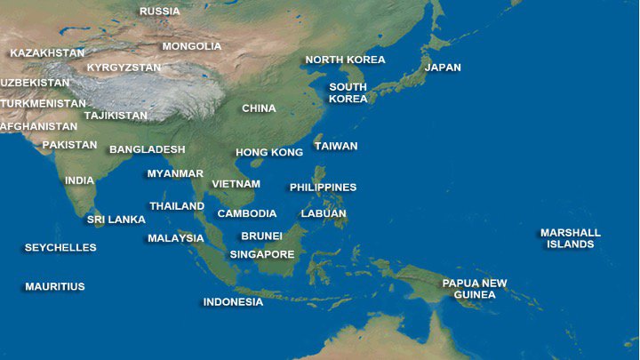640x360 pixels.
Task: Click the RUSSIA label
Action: pyautogui.click(x=160, y=12)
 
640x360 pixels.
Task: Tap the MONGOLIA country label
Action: pyautogui.click(x=192, y=46)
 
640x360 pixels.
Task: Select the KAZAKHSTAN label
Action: pyautogui.click(x=47, y=53)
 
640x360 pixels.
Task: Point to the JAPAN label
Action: pyautogui.click(x=443, y=68)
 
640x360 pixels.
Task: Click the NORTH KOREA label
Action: pyautogui.click(x=345, y=60)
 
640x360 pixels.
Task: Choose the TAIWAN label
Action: pyautogui.click(x=336, y=146)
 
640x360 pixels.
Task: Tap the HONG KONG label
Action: pyautogui.click(x=269, y=153)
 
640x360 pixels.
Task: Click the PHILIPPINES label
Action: pyautogui.click(x=323, y=188)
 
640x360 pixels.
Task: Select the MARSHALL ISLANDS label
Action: pyautogui.click(x=571, y=238)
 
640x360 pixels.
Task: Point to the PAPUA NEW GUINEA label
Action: pyautogui.click(x=475, y=289)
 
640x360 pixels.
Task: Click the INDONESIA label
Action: pyautogui.click(x=233, y=302)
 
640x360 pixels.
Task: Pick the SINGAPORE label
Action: pyautogui.click(x=262, y=254)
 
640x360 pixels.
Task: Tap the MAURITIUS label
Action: pyautogui.click(x=55, y=287)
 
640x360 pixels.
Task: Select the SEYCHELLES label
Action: pyautogui.click(x=60, y=248)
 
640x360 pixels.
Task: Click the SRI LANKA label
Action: pyautogui.click(x=116, y=220)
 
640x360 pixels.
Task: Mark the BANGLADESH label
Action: pyautogui.click(x=148, y=149)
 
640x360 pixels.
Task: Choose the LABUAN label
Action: pyautogui.click(x=324, y=213)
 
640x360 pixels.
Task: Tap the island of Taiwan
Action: pyautogui.click(x=317, y=142)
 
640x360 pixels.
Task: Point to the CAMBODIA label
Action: pyautogui.click(x=247, y=213)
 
